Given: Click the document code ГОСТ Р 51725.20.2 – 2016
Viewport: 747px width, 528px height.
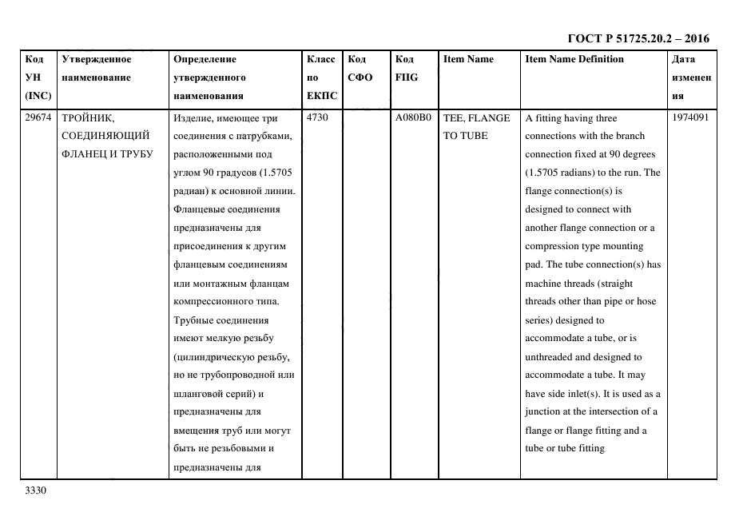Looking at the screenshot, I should pos(638,38).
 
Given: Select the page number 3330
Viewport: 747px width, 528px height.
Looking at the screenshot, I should pos(37,490).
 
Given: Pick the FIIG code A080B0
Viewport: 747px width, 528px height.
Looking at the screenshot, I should pos(413,118).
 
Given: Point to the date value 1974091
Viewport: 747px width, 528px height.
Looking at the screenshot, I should pos(690,118).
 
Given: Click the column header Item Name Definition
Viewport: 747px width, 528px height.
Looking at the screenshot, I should pos(574,59).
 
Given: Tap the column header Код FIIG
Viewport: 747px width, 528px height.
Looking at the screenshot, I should pos(407,69).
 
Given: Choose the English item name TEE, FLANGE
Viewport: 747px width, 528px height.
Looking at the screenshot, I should pos(476,118).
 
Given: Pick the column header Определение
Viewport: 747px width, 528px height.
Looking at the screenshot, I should pos(205,59).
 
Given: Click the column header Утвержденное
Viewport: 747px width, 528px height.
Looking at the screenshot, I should pos(96,59).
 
